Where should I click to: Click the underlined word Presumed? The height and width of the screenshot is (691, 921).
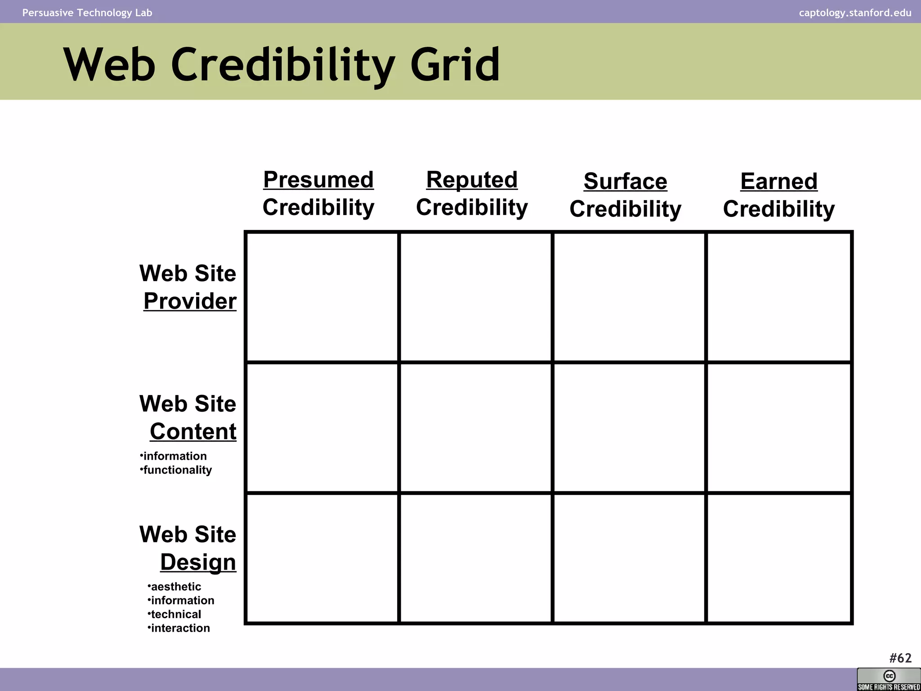tap(318, 180)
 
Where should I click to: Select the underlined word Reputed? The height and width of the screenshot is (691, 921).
tap(472, 180)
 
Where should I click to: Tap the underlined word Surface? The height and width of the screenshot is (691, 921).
tap(625, 182)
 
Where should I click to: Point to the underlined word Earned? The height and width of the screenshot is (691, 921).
tap(779, 182)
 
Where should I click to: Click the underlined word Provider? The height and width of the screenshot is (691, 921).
tap(190, 301)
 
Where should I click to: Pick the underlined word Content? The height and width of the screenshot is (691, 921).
tap(193, 432)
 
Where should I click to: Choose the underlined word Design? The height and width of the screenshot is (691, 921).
tap(198, 562)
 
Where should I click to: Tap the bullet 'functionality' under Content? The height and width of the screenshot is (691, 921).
tap(177, 470)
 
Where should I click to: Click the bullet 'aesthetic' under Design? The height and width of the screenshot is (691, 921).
tap(176, 587)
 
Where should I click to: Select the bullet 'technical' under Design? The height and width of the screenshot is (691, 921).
tap(176, 615)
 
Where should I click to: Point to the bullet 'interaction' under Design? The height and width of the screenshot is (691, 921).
tap(180, 628)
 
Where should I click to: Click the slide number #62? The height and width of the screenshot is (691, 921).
tap(900, 658)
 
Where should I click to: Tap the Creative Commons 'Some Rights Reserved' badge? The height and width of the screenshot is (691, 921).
tap(889, 679)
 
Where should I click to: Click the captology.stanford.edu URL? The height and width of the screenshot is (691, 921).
tap(855, 13)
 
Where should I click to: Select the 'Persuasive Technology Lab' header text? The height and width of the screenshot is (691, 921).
tap(87, 13)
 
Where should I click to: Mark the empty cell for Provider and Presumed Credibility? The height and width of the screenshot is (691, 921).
tap(322, 297)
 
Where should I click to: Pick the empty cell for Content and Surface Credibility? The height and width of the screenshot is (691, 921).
tap(629, 427)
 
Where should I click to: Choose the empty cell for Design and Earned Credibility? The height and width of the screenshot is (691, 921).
tap(779, 558)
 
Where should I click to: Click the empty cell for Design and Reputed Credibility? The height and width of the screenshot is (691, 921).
tap(475, 558)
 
